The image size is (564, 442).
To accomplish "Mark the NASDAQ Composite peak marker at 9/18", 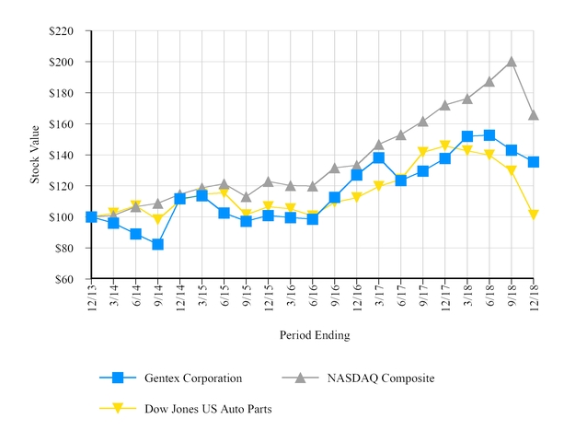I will tap(512, 62).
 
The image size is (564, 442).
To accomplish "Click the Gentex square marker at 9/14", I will tap(157, 244).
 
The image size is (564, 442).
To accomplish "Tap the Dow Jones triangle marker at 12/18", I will tap(534, 215).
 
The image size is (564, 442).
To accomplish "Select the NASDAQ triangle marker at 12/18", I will tap(534, 115).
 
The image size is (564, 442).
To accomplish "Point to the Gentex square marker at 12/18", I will tap(534, 162).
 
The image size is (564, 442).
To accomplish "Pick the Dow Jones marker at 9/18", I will tap(512, 171).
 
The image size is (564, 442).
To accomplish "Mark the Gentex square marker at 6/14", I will tap(136, 234).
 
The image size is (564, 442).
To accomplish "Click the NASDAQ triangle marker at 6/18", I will tap(489, 81).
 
